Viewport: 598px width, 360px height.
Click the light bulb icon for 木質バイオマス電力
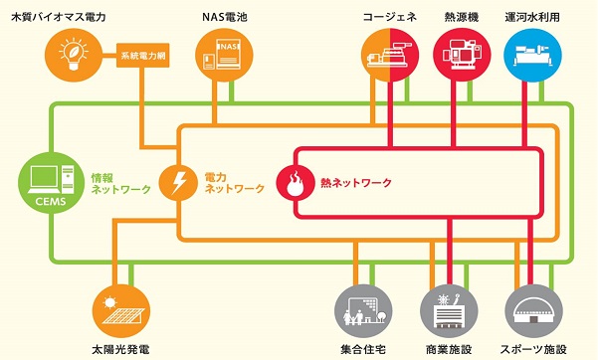[76, 54]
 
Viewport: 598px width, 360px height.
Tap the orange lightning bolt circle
[178, 183]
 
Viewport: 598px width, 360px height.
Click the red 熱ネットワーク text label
[355, 183]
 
